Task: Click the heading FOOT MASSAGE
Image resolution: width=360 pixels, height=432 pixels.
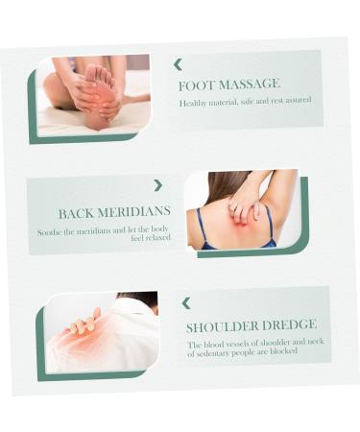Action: [228, 84]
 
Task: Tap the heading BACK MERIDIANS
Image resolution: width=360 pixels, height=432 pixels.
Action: [114, 213]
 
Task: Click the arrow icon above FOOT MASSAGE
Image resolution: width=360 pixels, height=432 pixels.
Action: [178, 64]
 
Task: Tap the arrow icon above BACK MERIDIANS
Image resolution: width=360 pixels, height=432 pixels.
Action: [158, 185]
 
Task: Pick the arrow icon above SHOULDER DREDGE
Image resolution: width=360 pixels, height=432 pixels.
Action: [186, 303]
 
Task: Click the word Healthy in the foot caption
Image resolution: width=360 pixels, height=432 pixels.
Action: [192, 102]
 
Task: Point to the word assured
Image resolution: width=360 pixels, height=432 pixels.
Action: [294, 100]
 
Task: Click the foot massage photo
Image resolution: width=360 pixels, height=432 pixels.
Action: [92, 96]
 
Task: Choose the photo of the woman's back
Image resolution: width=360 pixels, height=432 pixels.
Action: [240, 210]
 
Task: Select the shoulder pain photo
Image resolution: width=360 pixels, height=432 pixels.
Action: [102, 333]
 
